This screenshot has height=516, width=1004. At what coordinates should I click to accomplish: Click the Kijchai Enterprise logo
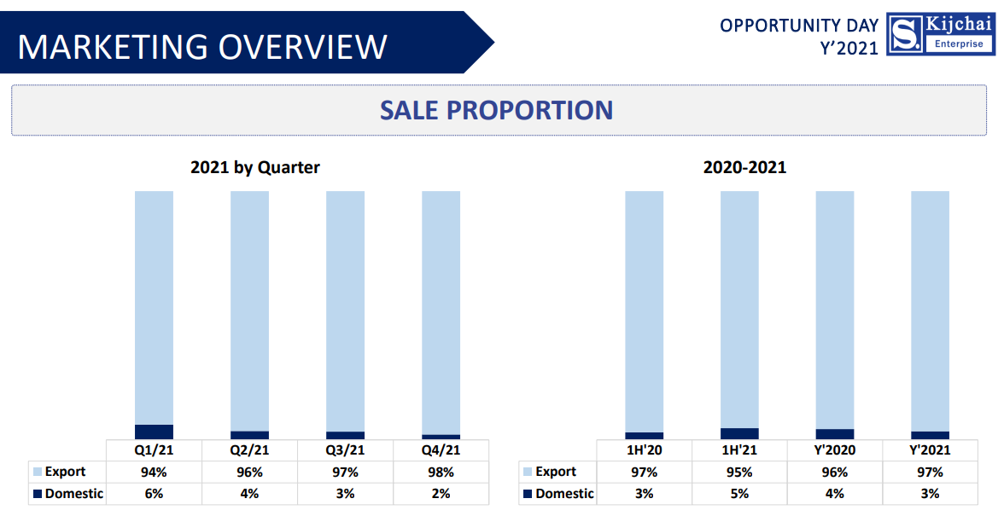click(941, 35)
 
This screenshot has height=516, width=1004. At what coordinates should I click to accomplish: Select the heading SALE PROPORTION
click(496, 110)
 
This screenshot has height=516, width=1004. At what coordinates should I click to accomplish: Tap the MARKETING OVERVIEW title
click(202, 46)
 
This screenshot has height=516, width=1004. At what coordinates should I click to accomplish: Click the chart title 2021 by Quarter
click(254, 167)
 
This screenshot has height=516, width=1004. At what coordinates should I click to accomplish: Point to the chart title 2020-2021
click(744, 167)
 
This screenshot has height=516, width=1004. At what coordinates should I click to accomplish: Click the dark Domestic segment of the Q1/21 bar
click(154, 432)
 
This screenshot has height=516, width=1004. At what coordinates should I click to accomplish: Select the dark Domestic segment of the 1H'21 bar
click(739, 433)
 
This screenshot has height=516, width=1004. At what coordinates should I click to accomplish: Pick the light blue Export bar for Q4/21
click(441, 311)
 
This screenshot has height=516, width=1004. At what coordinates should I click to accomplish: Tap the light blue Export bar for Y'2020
click(835, 309)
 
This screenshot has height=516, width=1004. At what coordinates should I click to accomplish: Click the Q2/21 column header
click(249, 450)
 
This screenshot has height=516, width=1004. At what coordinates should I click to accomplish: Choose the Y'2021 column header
click(930, 450)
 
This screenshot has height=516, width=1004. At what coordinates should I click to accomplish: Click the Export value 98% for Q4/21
click(441, 472)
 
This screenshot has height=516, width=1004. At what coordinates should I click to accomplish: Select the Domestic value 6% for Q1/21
click(154, 494)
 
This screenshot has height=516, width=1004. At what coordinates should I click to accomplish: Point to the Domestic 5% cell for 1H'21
click(739, 494)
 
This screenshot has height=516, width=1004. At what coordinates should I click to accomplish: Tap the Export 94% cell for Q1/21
click(154, 472)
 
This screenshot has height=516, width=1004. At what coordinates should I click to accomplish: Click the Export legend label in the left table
click(65, 472)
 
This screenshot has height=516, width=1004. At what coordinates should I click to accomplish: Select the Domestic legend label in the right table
click(564, 494)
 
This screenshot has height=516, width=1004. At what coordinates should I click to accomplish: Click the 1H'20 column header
click(644, 450)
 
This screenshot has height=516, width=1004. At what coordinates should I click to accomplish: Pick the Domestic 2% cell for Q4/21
click(441, 494)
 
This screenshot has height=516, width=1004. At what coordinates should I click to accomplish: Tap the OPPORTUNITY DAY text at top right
click(798, 26)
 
